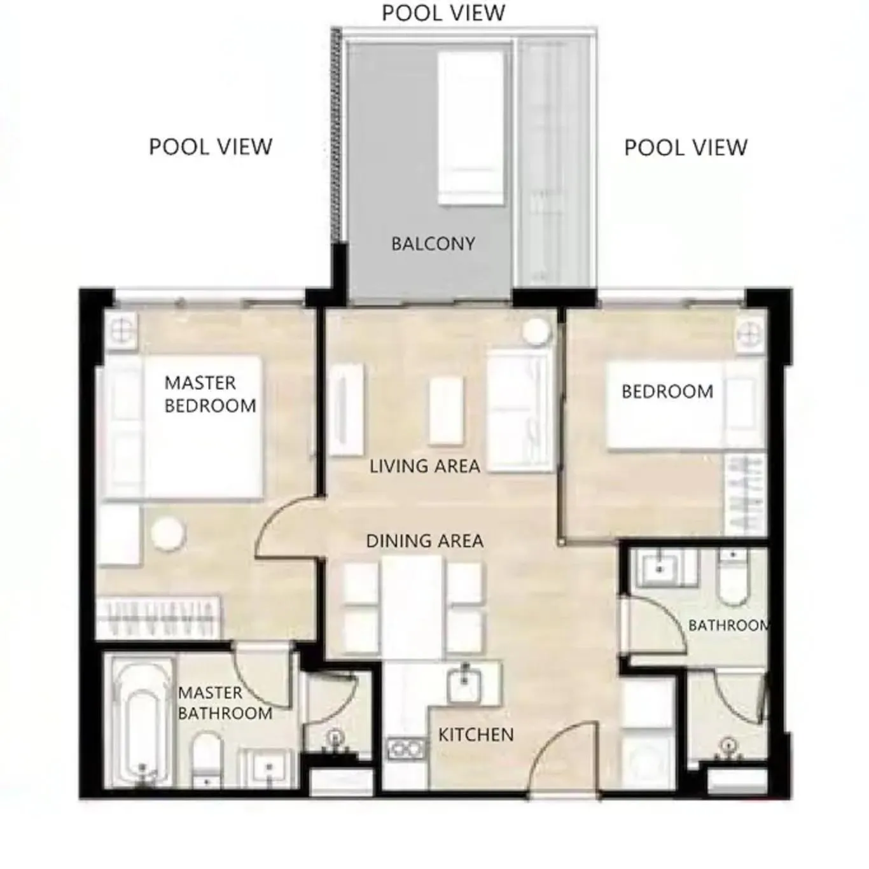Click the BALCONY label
point(433,244)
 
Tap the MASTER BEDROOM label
point(210,394)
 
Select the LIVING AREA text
point(424,466)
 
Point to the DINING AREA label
point(424,541)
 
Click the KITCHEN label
point(475,735)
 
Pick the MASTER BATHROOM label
point(225,703)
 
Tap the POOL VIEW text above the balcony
point(443,13)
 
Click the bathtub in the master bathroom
point(142,722)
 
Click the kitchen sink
point(466,685)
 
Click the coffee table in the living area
point(445,411)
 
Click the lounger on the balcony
point(471,127)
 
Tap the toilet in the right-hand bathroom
point(732,579)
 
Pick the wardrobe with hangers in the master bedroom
point(159,617)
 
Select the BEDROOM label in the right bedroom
point(667,392)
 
